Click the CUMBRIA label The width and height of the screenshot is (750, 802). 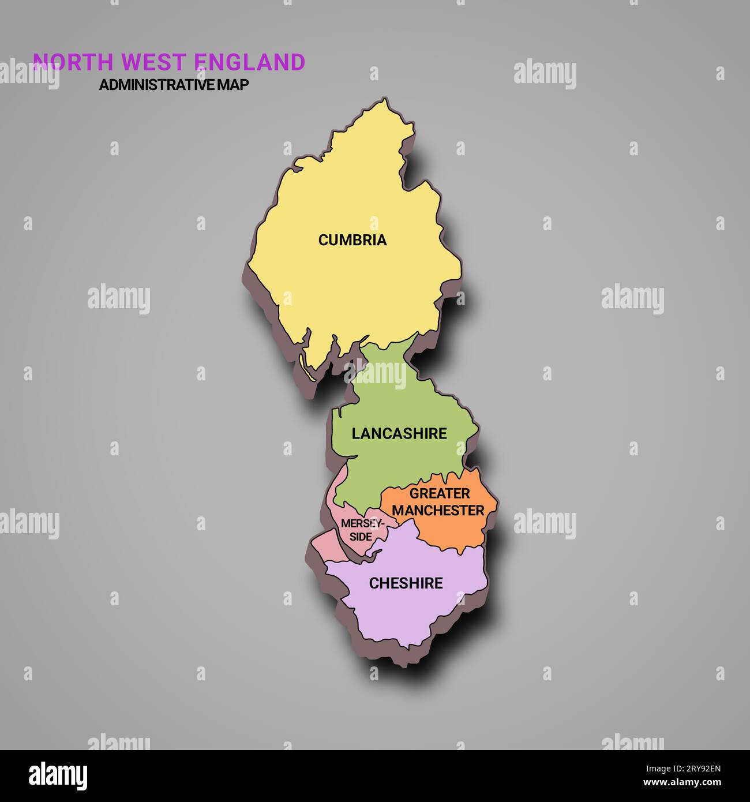(x=352, y=240)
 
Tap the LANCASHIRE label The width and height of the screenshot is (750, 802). (x=399, y=433)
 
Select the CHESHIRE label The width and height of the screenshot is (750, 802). (x=406, y=583)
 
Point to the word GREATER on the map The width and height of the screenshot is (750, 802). (x=440, y=494)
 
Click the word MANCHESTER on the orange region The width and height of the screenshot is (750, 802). (x=438, y=511)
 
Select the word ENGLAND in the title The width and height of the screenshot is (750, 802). (x=249, y=62)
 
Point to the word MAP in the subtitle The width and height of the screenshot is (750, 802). (x=233, y=85)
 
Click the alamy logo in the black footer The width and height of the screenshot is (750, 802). (x=58, y=775)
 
